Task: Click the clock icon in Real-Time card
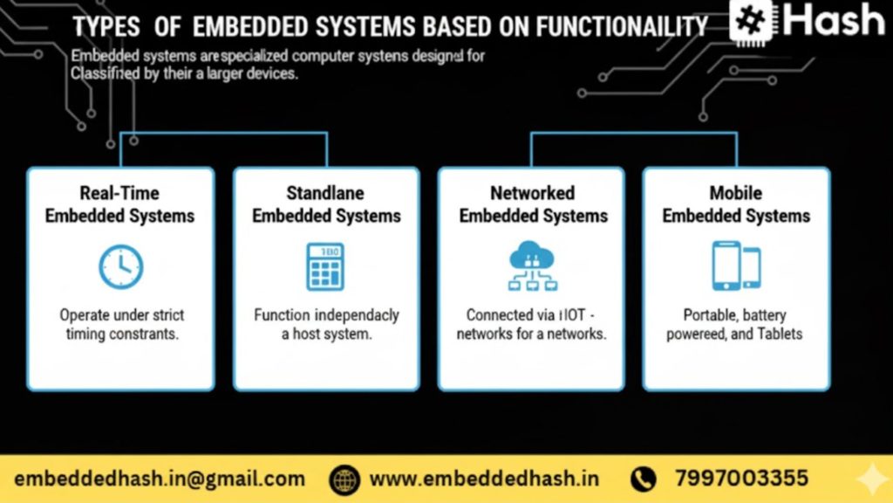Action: (120, 267)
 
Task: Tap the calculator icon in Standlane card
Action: (325, 267)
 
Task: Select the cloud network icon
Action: (531, 266)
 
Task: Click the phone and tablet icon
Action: (736, 266)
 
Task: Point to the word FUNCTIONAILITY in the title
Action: (622, 26)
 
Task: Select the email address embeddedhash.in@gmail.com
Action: (160, 479)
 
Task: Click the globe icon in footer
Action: (345, 479)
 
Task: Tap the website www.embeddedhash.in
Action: (484, 479)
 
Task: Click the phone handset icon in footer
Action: (644, 479)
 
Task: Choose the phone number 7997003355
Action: (741, 479)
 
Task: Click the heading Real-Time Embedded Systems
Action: (120, 204)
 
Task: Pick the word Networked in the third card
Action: (532, 193)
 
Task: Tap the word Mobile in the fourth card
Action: (736, 193)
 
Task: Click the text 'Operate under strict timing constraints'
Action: (121, 324)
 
